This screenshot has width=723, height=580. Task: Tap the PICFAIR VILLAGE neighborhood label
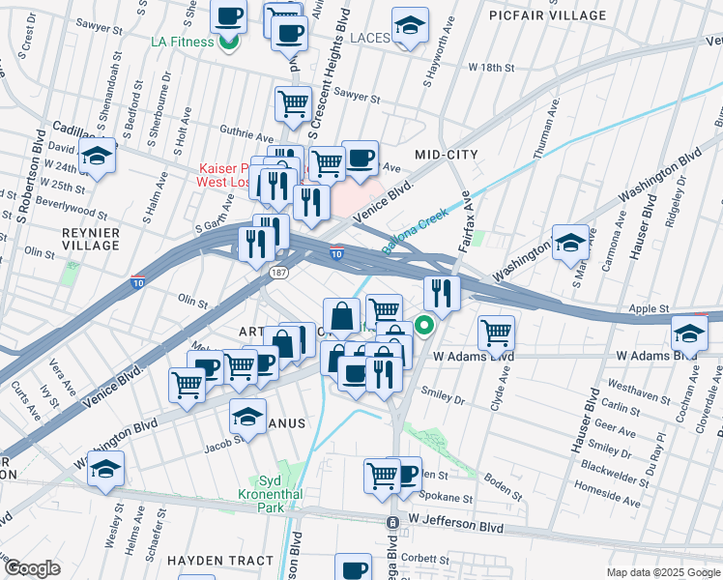547,15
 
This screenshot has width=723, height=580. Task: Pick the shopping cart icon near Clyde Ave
496,333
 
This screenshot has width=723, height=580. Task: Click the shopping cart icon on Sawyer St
293,103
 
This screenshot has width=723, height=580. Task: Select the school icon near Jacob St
248,417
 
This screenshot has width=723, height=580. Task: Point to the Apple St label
650,309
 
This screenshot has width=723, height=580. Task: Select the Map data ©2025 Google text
662,572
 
